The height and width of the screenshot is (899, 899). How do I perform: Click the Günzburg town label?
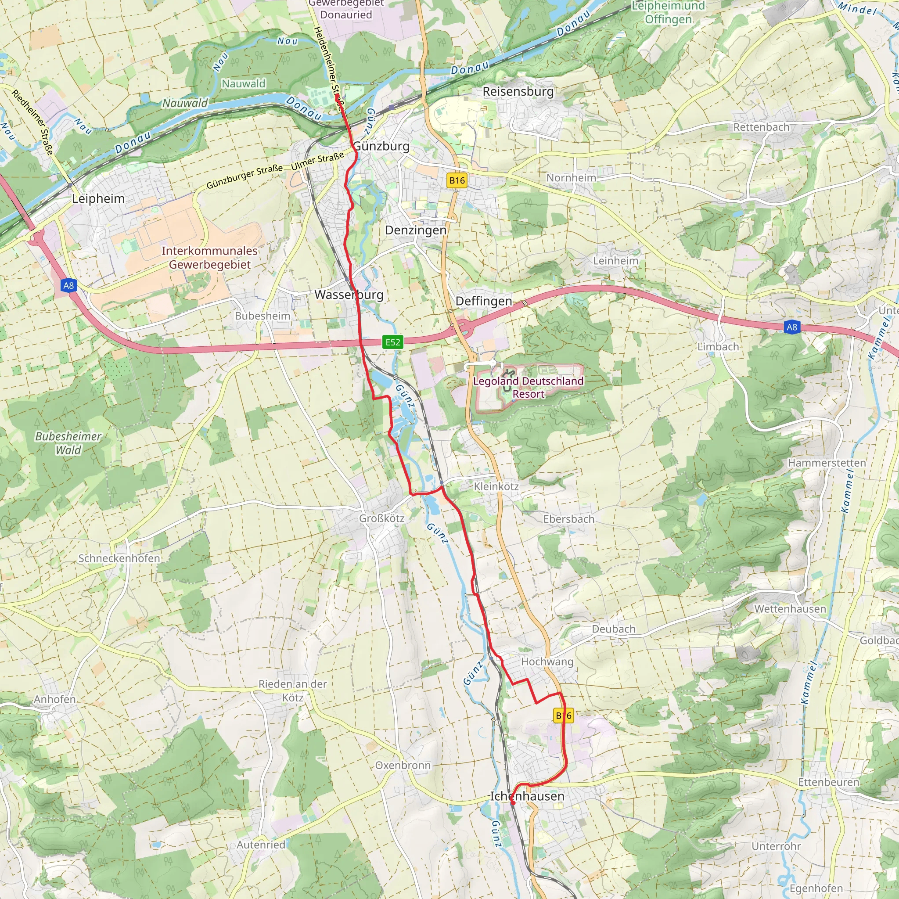(x=381, y=146)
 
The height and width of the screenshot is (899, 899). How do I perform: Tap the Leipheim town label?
(x=98, y=199)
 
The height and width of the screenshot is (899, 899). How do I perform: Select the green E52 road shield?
(x=393, y=342)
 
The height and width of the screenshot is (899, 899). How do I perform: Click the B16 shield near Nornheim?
(x=457, y=180)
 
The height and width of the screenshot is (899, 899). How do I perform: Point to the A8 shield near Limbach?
(x=791, y=327)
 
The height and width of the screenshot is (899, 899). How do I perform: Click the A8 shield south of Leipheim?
(x=68, y=286)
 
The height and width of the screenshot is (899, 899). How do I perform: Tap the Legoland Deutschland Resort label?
(x=528, y=387)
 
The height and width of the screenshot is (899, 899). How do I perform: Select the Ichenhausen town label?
(x=527, y=796)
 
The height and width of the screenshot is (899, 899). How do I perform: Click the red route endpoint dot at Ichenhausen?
(x=512, y=803)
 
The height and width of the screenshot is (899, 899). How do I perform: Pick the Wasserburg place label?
(x=349, y=295)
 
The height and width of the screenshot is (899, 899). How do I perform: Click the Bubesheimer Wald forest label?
(x=68, y=443)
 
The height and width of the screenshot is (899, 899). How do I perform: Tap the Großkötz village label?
(x=381, y=518)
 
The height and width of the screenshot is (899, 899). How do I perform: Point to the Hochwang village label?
(x=547, y=661)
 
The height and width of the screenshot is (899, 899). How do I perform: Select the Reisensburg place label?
(x=518, y=92)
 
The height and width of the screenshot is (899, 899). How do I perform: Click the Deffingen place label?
(x=483, y=301)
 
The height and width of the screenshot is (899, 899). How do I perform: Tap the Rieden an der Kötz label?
(x=293, y=690)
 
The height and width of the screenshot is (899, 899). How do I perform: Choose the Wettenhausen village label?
(x=790, y=609)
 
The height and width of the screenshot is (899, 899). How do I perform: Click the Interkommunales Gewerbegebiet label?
(x=209, y=257)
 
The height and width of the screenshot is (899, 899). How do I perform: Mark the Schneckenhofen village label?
(x=119, y=558)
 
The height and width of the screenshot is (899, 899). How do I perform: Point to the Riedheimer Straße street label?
(x=32, y=122)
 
